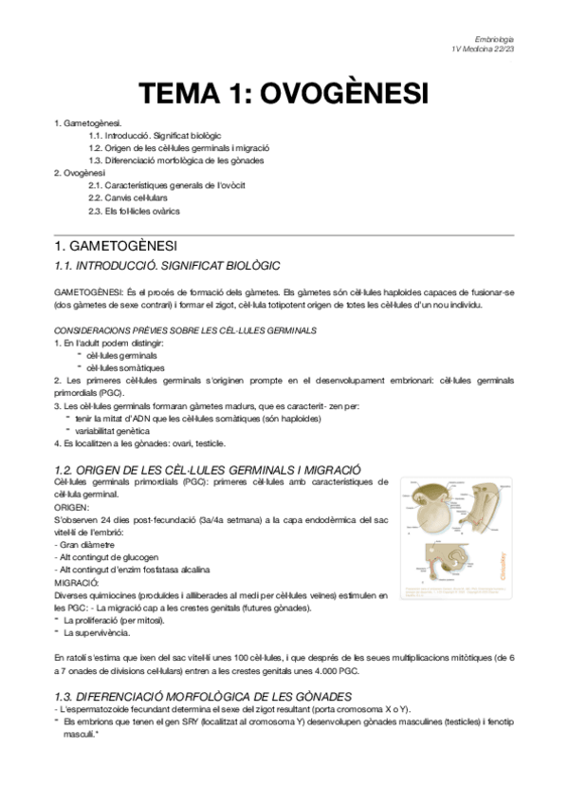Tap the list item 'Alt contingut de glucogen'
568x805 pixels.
(107, 556)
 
